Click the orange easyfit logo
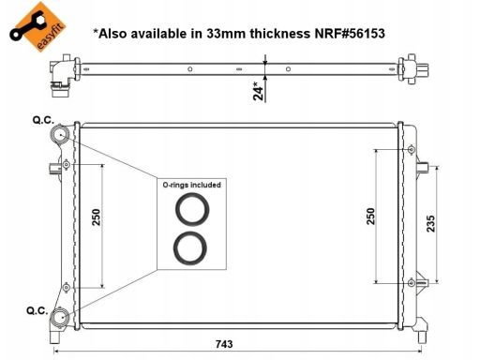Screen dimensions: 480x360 [37, 26]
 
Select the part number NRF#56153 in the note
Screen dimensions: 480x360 [350, 34]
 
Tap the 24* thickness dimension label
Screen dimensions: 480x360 [259, 91]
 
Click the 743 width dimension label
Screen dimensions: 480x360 [224, 344]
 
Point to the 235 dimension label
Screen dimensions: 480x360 [430, 223]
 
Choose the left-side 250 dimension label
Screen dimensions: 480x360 [96, 217]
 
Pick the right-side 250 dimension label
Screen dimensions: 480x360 [370, 216]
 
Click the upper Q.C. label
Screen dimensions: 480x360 [43, 120]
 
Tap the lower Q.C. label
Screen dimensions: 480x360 [37, 310]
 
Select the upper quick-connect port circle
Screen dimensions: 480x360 [59, 134]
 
